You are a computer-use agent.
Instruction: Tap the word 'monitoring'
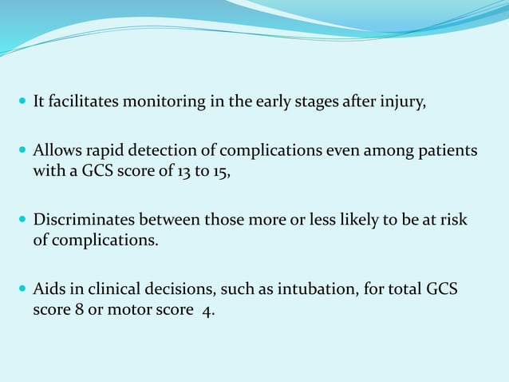159,102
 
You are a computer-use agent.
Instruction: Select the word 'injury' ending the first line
404,102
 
